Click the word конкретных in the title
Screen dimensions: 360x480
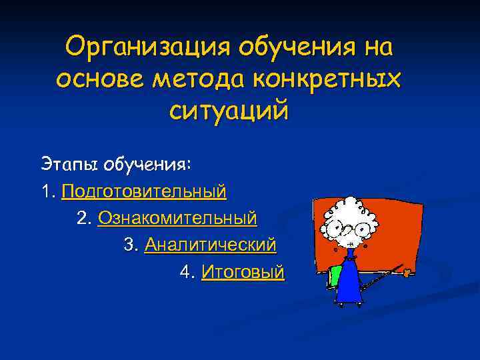click(327, 78)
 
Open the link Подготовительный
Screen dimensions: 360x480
click(144, 192)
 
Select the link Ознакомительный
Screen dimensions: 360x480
click(177, 218)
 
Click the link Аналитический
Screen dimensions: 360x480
click(210, 245)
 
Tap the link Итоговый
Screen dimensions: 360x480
click(243, 272)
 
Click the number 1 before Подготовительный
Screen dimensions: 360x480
click(45, 192)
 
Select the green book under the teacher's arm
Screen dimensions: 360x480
click(333, 275)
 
